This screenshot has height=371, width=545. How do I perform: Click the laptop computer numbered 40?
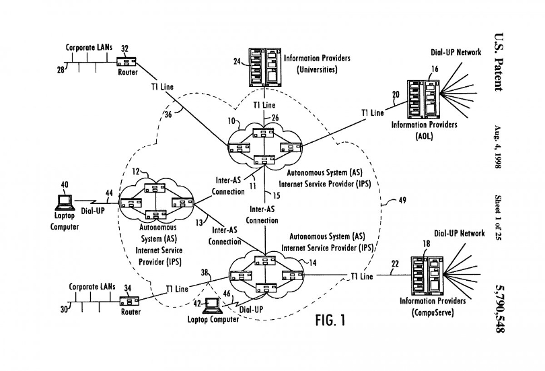[x=66, y=201]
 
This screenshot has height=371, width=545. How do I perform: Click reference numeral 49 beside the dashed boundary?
[x=402, y=200]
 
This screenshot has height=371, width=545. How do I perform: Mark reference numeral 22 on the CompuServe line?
[x=396, y=265]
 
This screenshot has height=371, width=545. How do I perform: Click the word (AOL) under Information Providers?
[x=425, y=135]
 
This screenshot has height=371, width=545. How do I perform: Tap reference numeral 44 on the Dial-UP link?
[x=109, y=194]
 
